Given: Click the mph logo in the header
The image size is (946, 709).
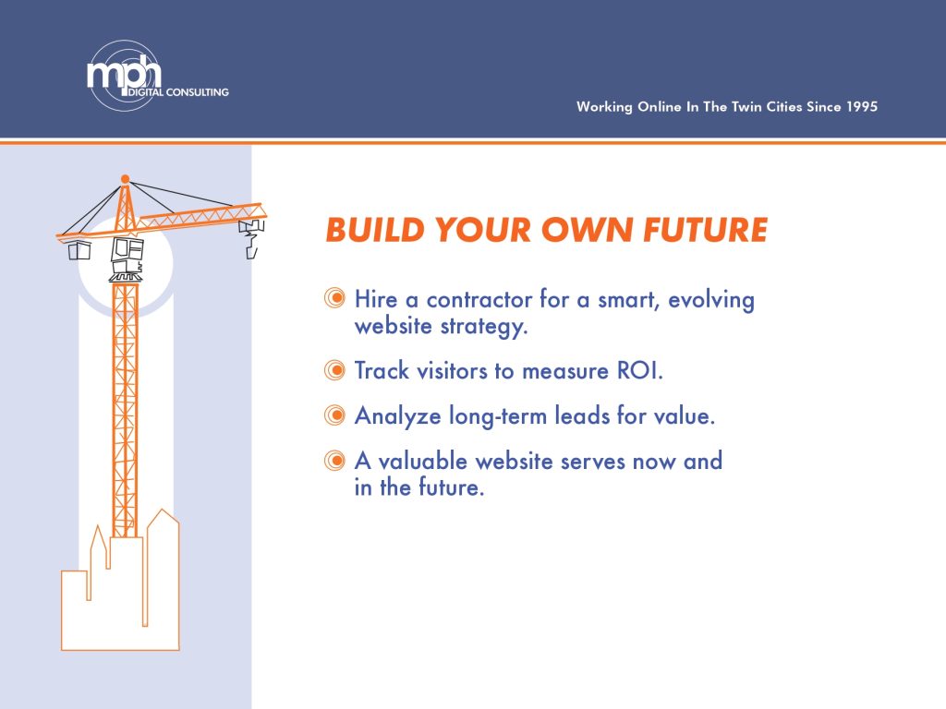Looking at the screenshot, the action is click(125, 76).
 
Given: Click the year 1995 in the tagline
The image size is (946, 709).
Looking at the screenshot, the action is click(862, 107).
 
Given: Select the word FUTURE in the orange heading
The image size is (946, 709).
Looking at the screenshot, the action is click(705, 230).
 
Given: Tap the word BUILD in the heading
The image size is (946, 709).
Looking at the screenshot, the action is click(375, 230).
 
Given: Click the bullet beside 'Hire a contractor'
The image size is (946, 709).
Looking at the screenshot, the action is click(334, 298).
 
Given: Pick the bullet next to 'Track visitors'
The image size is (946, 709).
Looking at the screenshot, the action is click(334, 369).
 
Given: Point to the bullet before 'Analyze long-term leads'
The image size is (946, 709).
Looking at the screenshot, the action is click(334, 415).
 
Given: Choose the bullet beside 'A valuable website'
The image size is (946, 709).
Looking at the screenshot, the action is click(334, 461).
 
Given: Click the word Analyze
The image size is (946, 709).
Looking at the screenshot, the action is click(397, 416).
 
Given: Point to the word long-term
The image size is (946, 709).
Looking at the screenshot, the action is click(498, 416).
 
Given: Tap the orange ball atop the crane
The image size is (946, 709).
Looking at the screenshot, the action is click(125, 179).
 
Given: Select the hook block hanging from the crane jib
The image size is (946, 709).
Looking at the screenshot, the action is click(251, 238).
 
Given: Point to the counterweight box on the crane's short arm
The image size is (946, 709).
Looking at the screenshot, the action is click(79, 250).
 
